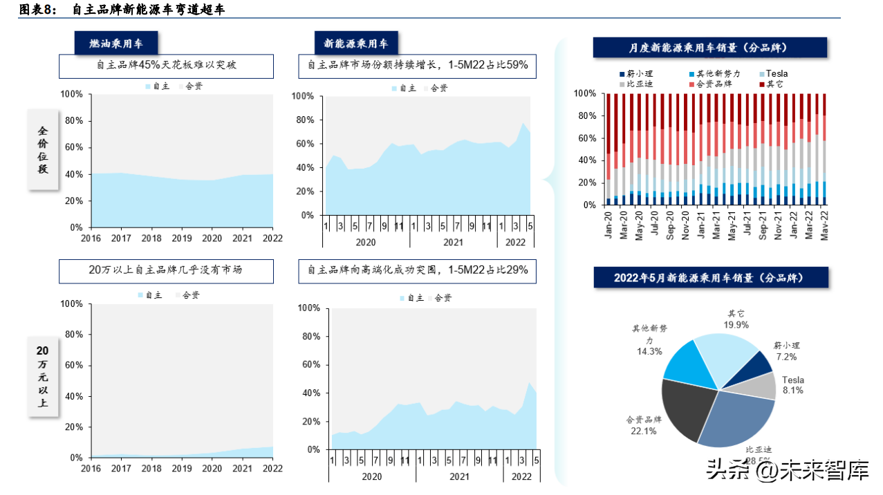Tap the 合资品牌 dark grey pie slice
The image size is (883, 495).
pyautogui.click(x=687, y=408)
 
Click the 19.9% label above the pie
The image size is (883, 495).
pyautogui.click(x=736, y=324)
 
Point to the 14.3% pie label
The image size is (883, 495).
pyautogui.click(x=649, y=351)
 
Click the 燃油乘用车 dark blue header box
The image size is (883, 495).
pyautogui.click(x=116, y=44)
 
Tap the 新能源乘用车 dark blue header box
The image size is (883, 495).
pyautogui.click(x=355, y=44)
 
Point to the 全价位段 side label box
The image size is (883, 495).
pyautogui.click(x=43, y=149)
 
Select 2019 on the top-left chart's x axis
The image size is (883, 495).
pyautogui.click(x=182, y=238)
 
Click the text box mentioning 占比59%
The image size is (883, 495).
pyautogui.click(x=418, y=66)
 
